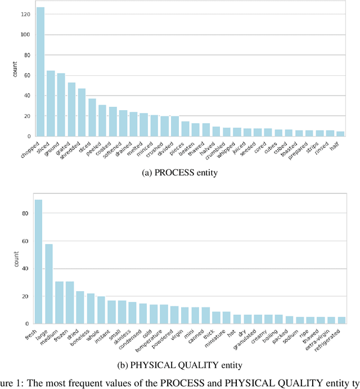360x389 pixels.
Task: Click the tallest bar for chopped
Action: point(40,72)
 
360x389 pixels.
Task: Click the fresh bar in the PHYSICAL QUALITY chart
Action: point(38,262)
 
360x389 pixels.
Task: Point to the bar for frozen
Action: point(70,302)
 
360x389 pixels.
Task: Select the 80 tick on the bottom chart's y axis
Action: point(25,214)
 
